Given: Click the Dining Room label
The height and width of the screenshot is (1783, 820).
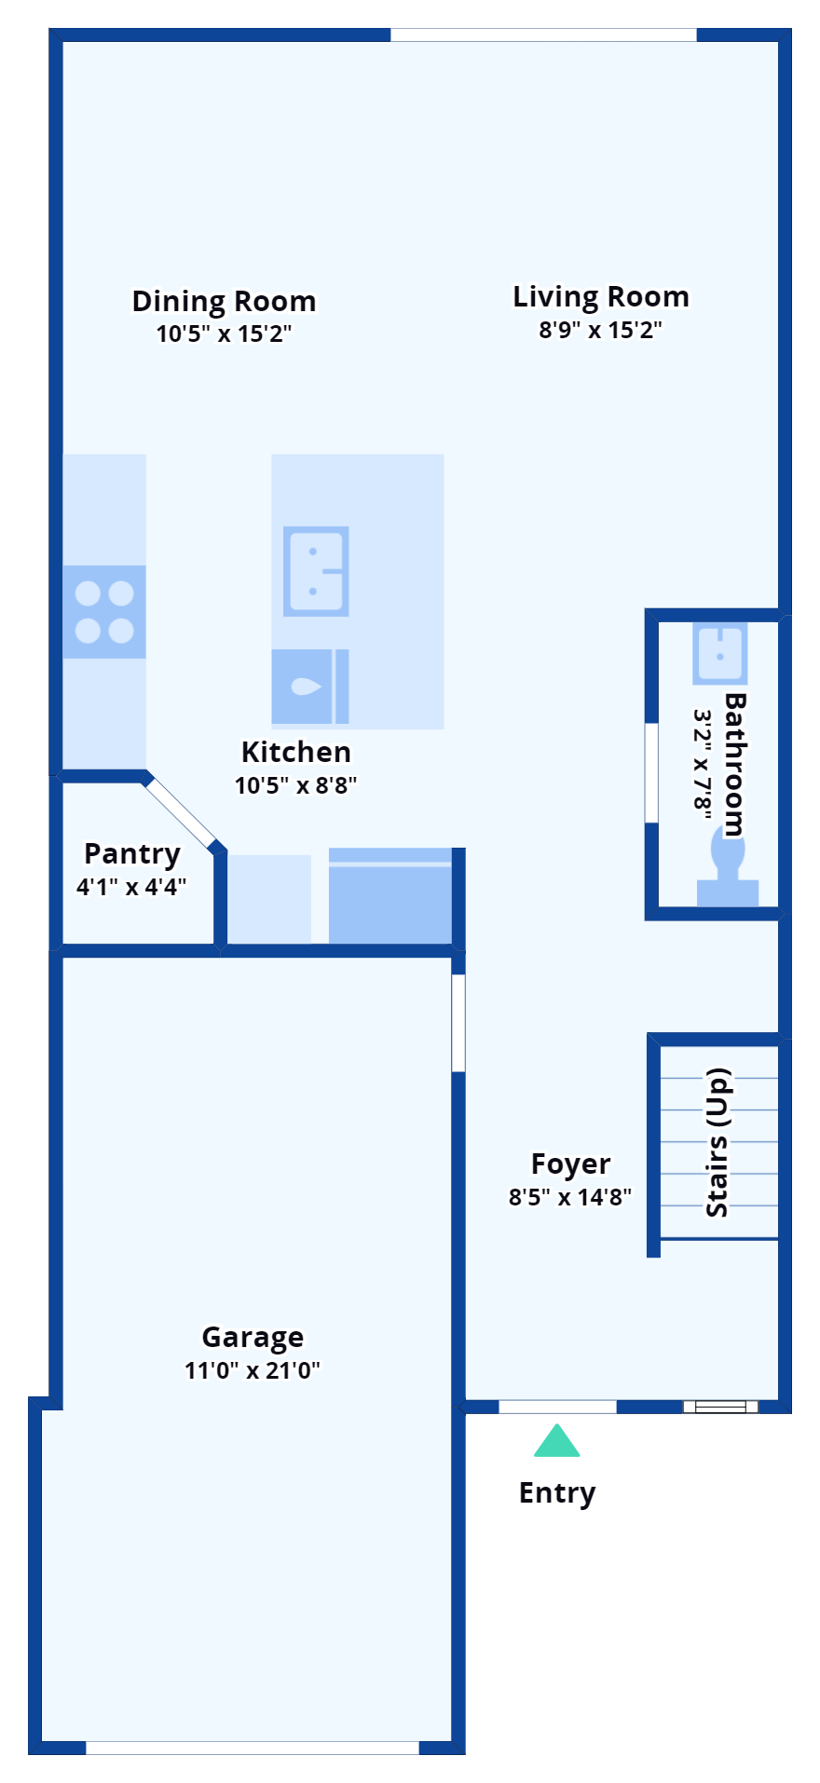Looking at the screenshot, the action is [224, 302].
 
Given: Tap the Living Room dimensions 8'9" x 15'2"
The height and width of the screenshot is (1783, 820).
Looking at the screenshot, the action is [600, 330].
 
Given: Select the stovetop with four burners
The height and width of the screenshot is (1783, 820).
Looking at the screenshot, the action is [104, 612].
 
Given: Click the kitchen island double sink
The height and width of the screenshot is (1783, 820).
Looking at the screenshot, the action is [316, 571].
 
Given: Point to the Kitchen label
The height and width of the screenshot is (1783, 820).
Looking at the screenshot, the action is [296, 752].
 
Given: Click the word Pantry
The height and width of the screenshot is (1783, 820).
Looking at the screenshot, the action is [132, 854].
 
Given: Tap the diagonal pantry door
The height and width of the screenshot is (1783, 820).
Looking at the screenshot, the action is [180, 810].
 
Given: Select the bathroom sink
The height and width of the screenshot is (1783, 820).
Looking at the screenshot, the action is [719, 653].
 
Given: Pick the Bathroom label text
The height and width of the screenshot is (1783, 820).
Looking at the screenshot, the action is [734, 765].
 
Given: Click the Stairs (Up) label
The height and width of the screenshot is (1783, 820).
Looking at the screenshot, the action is [717, 1143].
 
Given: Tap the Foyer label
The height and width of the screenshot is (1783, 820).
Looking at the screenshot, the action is [570, 1164].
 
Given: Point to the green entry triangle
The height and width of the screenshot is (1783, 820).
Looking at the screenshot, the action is [557, 1440].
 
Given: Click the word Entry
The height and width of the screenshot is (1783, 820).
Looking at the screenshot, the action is [557, 1493].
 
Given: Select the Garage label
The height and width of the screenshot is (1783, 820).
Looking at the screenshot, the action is [253, 1338].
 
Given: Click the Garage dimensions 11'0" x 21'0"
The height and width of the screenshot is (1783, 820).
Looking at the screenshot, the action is [253, 1370].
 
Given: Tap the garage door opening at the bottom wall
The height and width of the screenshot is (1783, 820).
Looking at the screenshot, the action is [253, 1748].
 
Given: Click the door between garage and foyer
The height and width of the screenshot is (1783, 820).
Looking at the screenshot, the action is [458, 1023].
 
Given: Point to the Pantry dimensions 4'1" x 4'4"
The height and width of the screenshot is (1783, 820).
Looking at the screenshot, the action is [131, 887].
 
